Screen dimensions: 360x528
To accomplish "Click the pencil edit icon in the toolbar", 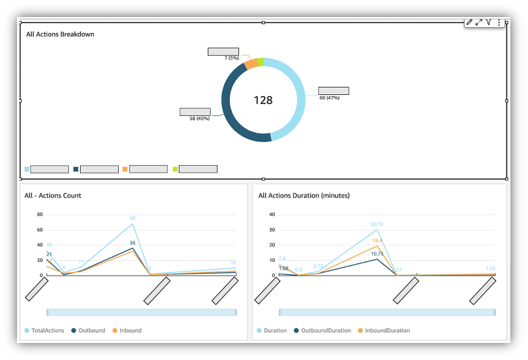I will tap(470, 22).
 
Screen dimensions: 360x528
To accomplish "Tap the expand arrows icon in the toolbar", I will tap(479, 22).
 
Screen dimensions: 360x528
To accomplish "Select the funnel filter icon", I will tap(488, 22).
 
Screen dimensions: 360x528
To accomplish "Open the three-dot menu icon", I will tap(499, 23).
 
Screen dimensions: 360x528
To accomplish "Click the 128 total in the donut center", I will tap(263, 100).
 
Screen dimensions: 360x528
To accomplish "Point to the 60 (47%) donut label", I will tap(329, 98).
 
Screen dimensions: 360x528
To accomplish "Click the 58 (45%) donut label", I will tap(199, 118).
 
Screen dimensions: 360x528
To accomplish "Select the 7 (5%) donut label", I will tap(231, 58).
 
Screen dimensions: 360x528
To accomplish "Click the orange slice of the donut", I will tap(251, 64).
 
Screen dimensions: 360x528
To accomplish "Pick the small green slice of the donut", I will tap(260, 62).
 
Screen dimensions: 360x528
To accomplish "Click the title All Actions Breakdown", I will tap(60, 34).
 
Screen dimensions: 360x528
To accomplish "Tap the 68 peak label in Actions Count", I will tap(132, 218).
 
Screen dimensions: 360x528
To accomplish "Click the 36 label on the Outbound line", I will tap(132, 242).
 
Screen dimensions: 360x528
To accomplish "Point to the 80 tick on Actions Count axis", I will tap(40, 215).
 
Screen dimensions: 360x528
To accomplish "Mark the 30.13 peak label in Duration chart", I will tap(377, 224).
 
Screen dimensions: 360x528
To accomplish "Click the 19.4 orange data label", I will tap(377, 241).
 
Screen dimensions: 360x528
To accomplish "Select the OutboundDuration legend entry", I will tap(322, 330).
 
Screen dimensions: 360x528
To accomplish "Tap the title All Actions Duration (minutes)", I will tap(304, 195).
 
